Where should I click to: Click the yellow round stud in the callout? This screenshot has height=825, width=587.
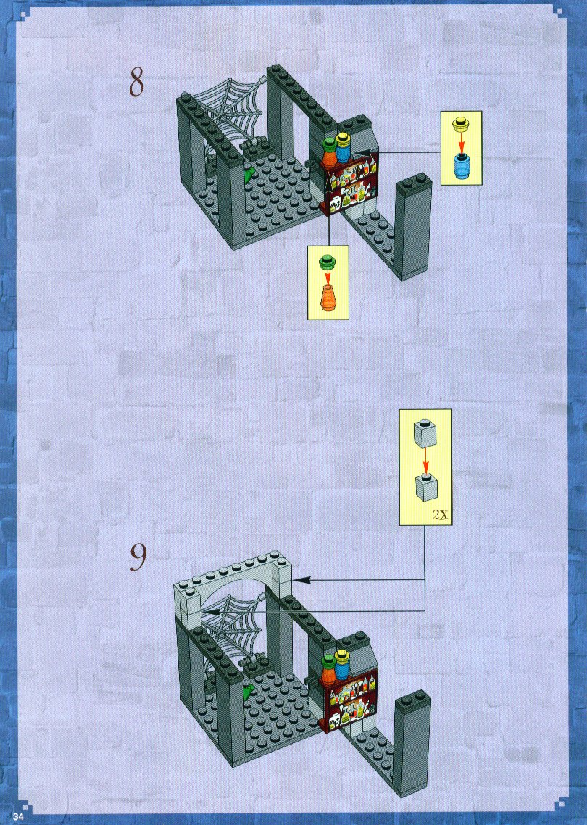[x=461, y=125]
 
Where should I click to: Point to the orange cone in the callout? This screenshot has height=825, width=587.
[x=327, y=298]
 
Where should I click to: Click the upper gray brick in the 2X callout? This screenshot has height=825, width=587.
[x=425, y=432]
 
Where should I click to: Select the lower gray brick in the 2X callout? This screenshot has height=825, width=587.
[x=426, y=486]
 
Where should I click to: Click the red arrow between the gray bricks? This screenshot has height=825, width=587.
[x=425, y=460]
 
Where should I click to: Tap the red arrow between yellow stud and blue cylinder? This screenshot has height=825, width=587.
[x=462, y=142]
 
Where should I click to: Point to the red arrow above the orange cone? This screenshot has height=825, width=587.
[x=327, y=275]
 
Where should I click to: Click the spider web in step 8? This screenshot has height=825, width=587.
[x=228, y=109]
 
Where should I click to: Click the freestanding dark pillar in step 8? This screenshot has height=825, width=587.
[x=413, y=226]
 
